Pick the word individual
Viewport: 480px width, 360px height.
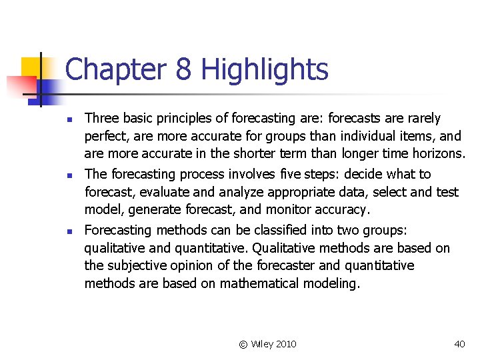coord(369,137)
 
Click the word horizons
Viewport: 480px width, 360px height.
coord(437,154)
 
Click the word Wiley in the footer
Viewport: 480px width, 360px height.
coord(263,344)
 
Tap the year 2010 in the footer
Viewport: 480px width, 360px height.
coord(285,344)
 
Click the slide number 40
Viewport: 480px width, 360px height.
coord(459,344)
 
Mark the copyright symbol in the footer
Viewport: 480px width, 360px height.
coord(243,344)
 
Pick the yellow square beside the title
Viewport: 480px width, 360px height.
coord(32,67)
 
